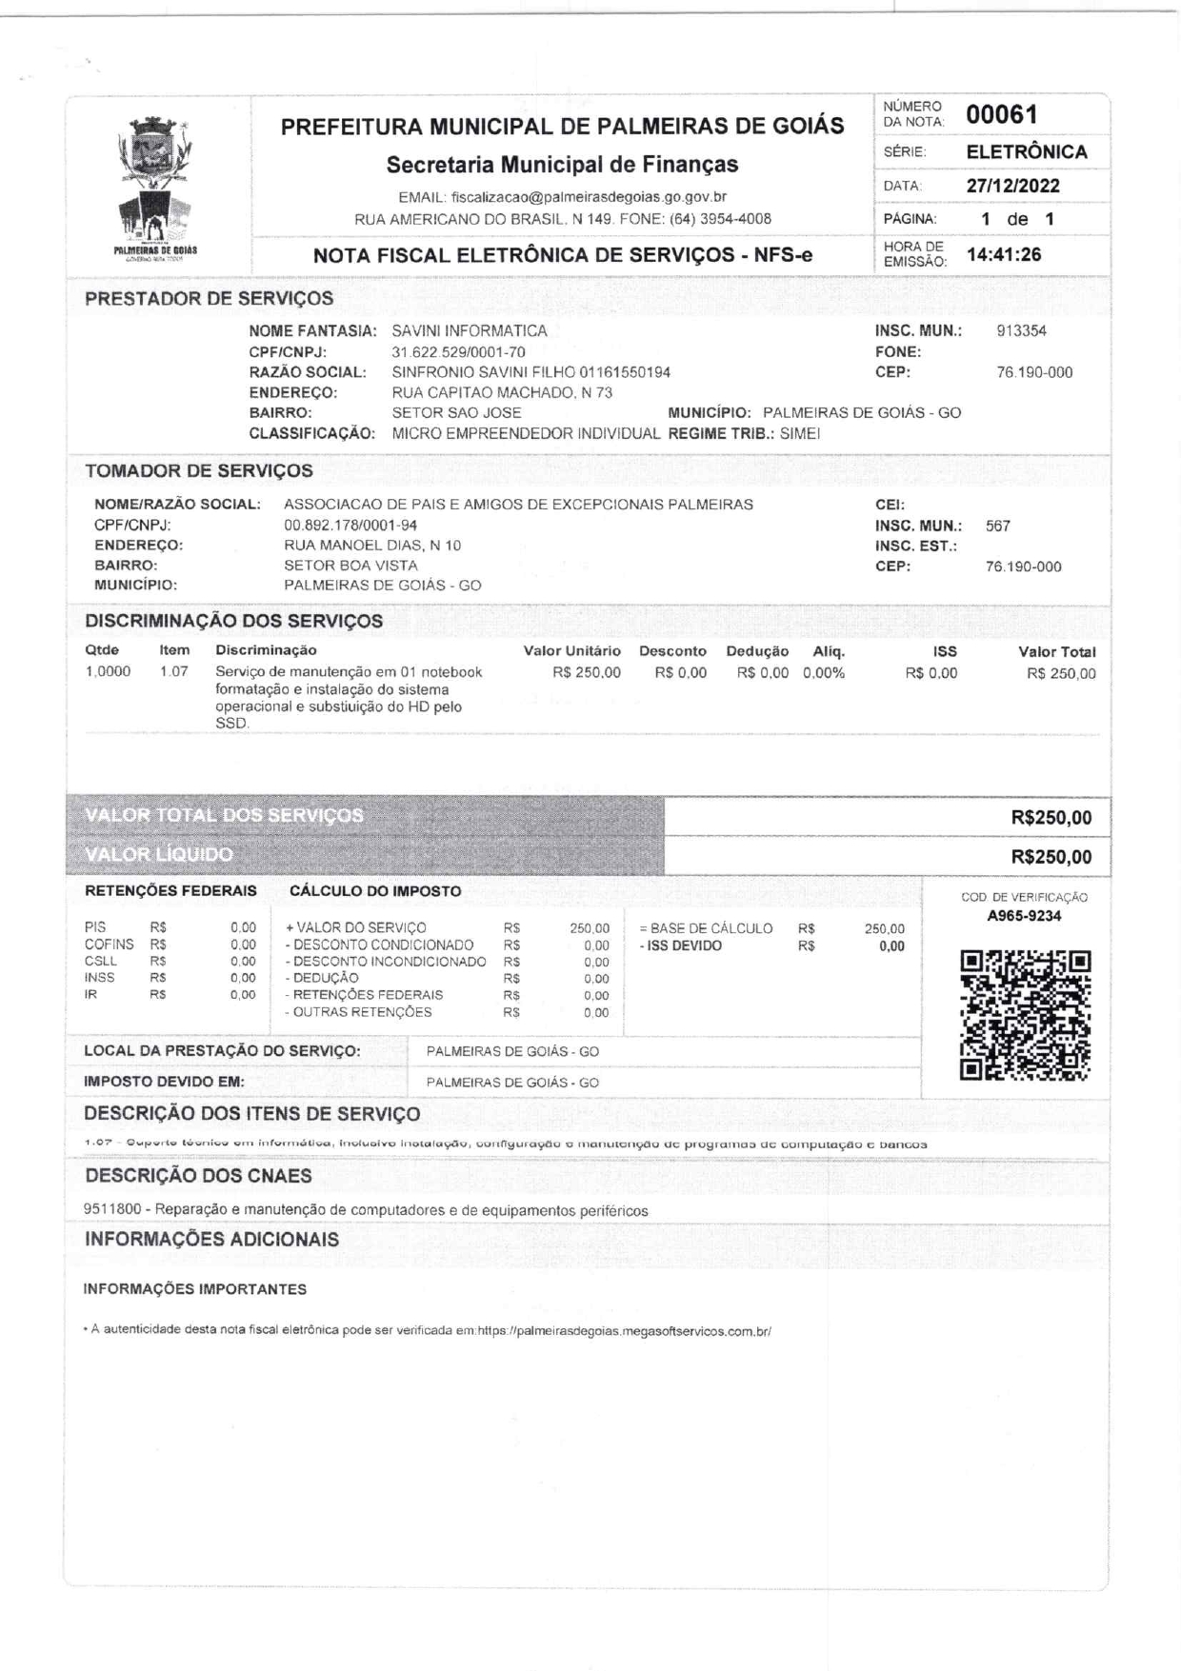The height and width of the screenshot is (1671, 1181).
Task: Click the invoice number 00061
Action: (x=1001, y=115)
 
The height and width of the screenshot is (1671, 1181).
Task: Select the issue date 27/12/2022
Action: (x=1012, y=186)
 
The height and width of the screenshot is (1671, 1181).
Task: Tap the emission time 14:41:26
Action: (x=1004, y=254)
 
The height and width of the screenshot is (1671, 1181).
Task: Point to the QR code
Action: (x=1025, y=1015)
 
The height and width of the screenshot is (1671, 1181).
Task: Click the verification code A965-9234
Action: (x=1024, y=916)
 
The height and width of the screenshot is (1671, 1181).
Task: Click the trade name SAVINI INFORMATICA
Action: (x=470, y=331)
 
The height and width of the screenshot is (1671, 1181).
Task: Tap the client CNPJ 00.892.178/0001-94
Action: (x=350, y=525)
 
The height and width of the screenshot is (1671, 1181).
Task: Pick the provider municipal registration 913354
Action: (x=1021, y=331)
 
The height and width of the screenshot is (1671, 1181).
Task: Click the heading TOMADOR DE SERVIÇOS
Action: (x=198, y=471)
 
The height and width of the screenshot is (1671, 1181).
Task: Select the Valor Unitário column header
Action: (x=571, y=651)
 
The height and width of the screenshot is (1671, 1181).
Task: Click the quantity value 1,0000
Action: (x=108, y=672)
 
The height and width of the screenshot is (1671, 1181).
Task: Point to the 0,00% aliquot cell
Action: (x=823, y=673)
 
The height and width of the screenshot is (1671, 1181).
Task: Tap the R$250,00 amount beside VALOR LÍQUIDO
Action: (x=1051, y=857)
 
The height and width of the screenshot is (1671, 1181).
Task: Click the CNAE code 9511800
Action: (x=115, y=1211)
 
